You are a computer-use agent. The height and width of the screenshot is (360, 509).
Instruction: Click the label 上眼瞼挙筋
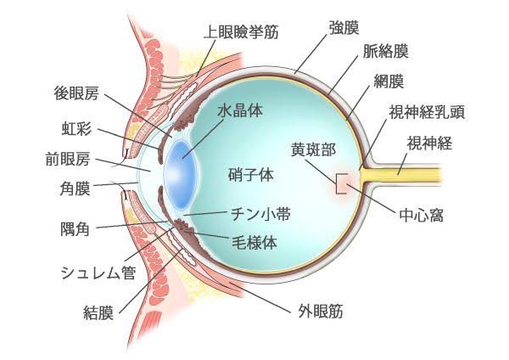coord(241,32)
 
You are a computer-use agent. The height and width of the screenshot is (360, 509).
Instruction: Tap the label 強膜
coord(344,27)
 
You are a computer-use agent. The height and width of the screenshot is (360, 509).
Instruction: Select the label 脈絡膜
coord(385,51)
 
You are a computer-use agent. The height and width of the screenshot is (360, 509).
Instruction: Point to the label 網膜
coord(389,82)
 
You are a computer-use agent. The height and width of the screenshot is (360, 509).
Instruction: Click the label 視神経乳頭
coord(428,112)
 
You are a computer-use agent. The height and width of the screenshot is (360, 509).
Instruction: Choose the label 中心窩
coord(422,215)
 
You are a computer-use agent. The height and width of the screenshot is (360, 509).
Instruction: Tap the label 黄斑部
coord(313,149)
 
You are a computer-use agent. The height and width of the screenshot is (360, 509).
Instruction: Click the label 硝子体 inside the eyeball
coord(251,175)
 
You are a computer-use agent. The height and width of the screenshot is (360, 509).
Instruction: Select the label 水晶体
coord(240,110)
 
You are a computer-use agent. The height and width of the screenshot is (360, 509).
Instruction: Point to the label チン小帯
coord(260,214)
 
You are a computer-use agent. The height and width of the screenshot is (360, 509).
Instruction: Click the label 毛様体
coord(255,242)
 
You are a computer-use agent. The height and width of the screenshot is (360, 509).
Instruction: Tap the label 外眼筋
coord(321,312)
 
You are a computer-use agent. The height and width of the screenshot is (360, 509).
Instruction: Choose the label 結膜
coord(98,313)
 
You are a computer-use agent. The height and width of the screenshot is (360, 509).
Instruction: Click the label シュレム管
coord(98,273)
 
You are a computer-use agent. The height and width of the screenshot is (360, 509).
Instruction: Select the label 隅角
coord(75,228)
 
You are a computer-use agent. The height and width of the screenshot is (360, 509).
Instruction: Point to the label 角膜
coord(75,188)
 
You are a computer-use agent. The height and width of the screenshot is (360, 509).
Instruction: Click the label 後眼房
coord(76,93)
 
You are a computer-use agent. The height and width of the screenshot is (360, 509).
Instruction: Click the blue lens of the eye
coord(182,174)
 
